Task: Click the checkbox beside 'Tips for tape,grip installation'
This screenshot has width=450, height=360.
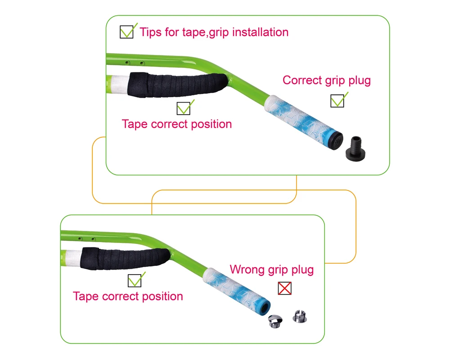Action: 126,32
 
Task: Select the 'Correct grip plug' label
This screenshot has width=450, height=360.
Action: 326,81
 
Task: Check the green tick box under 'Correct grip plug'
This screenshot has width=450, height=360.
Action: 337,101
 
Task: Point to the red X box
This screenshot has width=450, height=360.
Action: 284,288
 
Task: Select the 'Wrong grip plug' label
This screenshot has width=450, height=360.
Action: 271,270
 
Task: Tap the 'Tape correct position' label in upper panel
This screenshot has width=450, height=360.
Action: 177,124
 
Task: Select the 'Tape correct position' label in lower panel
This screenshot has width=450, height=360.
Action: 128,296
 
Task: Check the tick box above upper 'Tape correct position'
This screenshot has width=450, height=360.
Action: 183,108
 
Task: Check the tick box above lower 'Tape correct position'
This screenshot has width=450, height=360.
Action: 134,281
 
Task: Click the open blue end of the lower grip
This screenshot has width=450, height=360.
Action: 265,307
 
